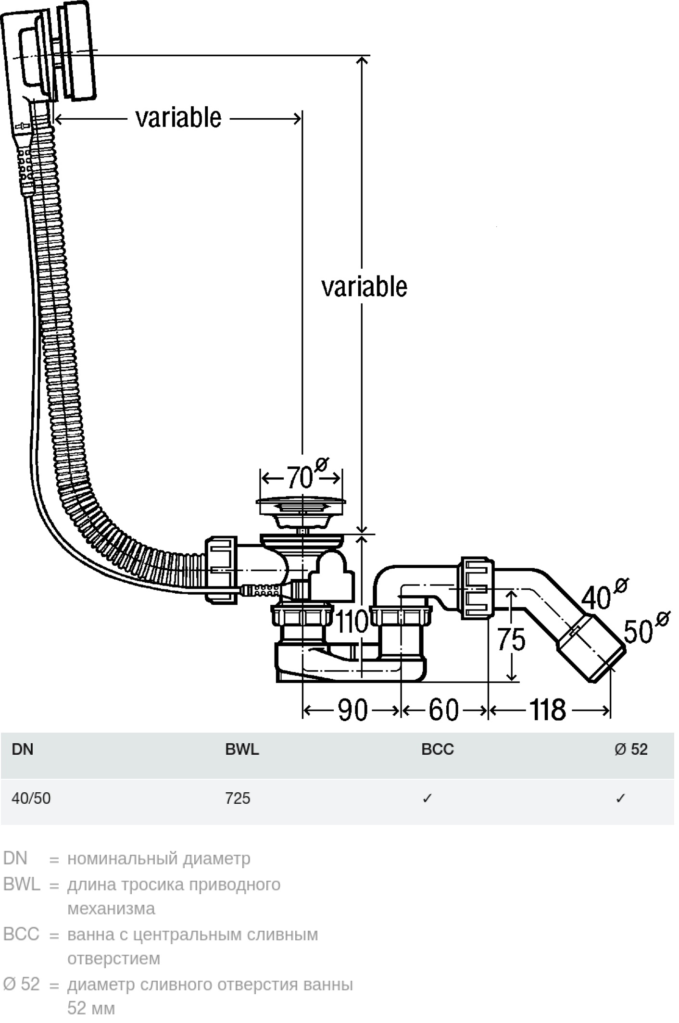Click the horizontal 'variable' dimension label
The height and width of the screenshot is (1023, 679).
click(178, 118)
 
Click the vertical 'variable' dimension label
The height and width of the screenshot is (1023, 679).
click(364, 287)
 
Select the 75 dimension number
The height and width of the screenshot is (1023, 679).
click(511, 640)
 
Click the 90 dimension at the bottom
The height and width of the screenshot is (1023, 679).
click(352, 710)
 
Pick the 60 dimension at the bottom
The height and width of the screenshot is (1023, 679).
click(443, 710)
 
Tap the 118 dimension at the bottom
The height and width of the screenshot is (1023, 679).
click(548, 710)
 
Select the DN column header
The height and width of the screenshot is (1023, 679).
click(23, 749)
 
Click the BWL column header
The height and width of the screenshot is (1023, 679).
click(242, 749)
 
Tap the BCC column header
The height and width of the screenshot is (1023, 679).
click(437, 749)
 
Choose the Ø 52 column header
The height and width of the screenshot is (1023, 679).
click(631, 749)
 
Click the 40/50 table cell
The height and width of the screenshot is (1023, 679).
click(31, 798)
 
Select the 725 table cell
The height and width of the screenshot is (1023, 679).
click(238, 798)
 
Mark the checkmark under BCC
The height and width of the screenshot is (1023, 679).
click(427, 798)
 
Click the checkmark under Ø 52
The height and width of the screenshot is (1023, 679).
click(620, 798)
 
